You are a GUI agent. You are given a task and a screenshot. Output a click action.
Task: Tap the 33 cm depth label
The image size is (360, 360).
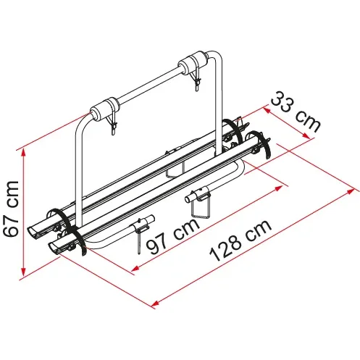click(x=296, y=112)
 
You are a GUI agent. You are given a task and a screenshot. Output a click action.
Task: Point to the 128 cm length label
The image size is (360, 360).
click(x=240, y=240)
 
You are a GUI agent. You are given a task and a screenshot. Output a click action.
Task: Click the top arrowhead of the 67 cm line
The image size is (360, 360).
click(x=23, y=152)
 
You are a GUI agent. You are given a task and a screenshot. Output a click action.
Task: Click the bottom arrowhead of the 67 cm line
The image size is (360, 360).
click(x=23, y=272)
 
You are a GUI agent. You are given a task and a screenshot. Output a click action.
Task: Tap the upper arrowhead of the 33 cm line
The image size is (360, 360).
click(x=267, y=111)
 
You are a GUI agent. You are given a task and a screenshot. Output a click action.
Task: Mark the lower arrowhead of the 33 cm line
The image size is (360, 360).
click(x=306, y=135)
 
